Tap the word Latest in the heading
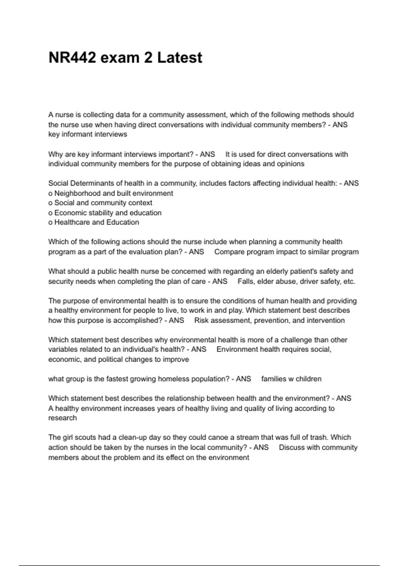point(180,58)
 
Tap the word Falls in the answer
point(245,281)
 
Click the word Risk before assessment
point(201,320)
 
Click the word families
point(274,379)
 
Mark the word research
point(63,418)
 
